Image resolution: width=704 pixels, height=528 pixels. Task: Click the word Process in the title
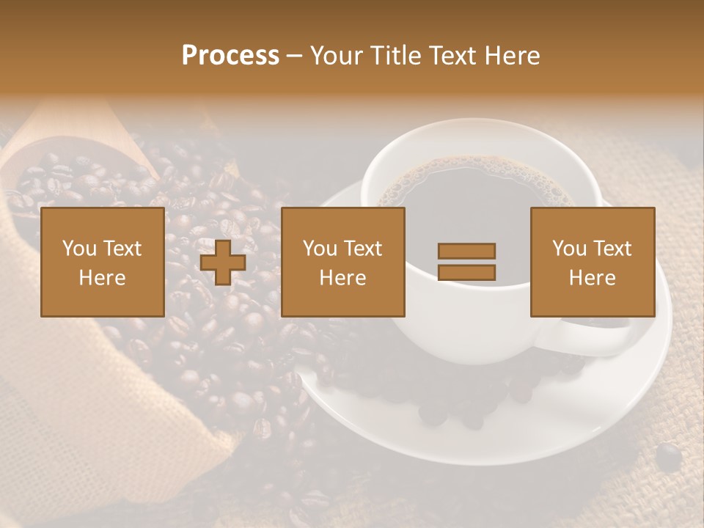click(230, 56)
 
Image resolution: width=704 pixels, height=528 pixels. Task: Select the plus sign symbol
click(223, 263)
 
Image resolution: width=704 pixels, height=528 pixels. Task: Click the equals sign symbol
click(466, 262)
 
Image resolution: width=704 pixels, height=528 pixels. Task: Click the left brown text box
click(102, 262)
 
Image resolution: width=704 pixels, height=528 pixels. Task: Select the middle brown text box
click(342, 262)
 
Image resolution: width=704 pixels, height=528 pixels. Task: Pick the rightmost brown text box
click(592, 262)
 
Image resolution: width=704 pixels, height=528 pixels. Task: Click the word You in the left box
click(79, 249)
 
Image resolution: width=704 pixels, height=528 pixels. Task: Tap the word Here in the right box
click(592, 278)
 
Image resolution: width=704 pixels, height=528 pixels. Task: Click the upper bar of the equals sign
click(466, 251)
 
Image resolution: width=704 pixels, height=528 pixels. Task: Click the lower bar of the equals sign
click(466, 273)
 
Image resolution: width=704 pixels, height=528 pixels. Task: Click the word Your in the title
click(334, 56)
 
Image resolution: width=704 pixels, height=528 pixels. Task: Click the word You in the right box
click(569, 249)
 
